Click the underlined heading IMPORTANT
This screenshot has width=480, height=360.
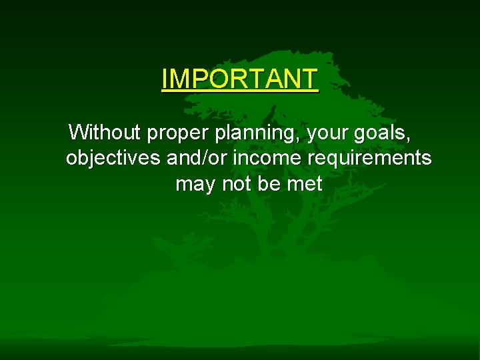coord(240,79)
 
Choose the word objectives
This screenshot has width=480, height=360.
coord(113,159)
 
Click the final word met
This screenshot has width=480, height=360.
coord(305,183)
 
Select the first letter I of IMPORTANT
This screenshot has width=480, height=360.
coord(165,79)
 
